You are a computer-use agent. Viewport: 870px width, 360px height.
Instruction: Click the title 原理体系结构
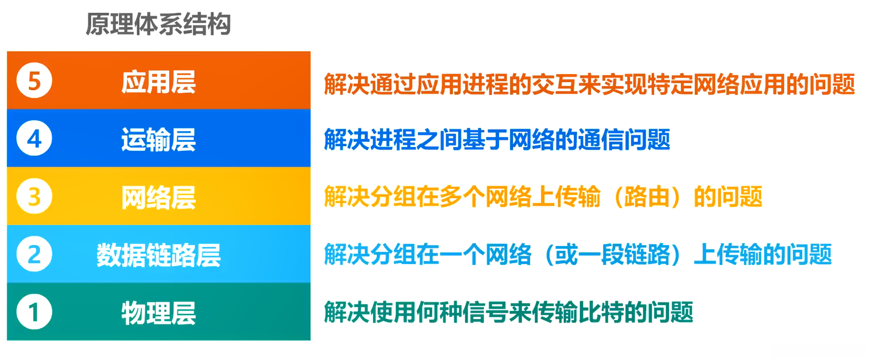[x=158, y=24]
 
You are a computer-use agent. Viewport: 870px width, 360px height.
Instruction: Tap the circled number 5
[x=34, y=81]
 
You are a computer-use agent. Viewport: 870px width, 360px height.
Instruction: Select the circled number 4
[x=34, y=139]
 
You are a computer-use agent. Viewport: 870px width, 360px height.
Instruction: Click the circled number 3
[x=34, y=196]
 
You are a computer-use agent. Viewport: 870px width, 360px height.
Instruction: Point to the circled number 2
[x=34, y=254]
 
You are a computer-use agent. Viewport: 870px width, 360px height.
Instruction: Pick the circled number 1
[x=34, y=312]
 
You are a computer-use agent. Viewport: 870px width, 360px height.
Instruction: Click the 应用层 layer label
[x=158, y=82]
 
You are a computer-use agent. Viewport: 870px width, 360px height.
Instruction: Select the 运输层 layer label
[x=158, y=140]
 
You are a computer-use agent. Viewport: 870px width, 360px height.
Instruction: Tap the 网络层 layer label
[x=158, y=197]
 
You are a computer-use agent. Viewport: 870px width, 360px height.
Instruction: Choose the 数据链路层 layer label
[x=158, y=255]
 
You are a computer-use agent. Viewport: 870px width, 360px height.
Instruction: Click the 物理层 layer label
[x=158, y=313]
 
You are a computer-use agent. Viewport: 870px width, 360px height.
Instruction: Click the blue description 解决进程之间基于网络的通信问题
[x=497, y=140]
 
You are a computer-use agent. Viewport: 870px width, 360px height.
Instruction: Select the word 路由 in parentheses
[x=647, y=197]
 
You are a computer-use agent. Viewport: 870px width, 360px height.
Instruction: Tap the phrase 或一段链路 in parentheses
[x=612, y=254]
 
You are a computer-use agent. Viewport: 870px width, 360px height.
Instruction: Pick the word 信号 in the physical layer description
[x=485, y=312]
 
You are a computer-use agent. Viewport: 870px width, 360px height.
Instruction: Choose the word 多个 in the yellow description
[x=462, y=197]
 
